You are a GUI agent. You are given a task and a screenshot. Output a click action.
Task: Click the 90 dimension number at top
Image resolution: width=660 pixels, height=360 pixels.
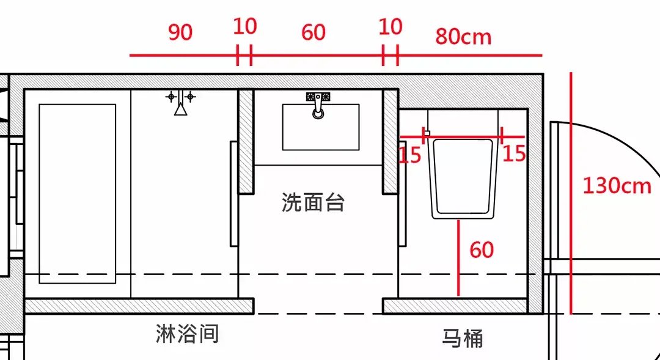coord(180,32)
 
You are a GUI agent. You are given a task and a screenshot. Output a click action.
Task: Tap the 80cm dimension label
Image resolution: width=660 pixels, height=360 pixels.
coord(463,37)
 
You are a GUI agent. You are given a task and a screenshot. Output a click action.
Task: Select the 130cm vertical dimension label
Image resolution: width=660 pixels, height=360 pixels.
coord(616,185)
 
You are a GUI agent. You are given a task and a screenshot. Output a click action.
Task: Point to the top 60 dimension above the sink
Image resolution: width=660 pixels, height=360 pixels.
coord(313,32)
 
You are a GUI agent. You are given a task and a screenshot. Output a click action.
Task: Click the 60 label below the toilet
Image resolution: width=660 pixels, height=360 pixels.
coord(482,250)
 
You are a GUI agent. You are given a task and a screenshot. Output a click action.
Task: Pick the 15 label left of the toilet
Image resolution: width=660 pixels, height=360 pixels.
coord(410,155)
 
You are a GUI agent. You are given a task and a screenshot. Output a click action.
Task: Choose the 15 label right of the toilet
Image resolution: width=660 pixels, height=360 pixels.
coord(514,153)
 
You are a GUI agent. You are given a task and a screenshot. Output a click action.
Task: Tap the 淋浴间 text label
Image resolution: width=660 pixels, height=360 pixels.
coord(187,334)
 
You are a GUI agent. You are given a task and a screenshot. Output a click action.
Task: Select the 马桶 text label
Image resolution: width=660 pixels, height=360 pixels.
coord(463,337)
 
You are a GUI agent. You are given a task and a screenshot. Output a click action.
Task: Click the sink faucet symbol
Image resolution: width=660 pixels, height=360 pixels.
coord(318,105)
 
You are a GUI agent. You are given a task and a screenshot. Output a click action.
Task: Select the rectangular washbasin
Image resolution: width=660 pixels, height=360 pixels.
coord(320,127)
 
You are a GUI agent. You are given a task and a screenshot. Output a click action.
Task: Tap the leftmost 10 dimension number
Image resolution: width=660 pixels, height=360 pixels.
coord(244,27)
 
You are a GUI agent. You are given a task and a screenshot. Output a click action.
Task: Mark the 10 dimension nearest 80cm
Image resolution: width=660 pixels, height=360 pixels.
coord(390,27)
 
